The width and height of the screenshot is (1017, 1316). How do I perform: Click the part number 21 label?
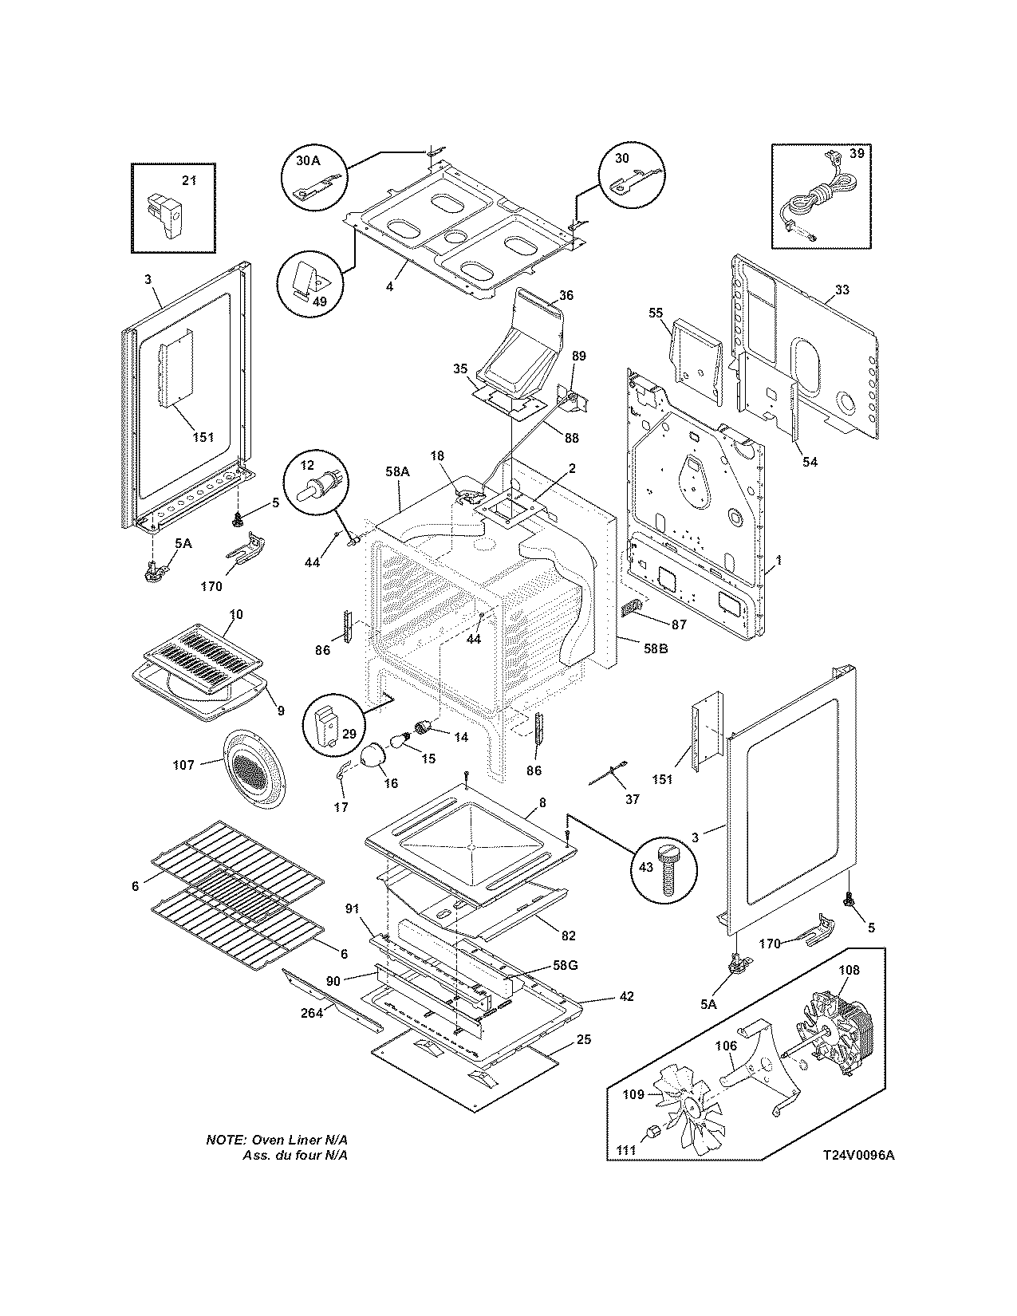[x=189, y=181]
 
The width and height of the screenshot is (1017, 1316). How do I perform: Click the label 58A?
[x=396, y=473]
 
